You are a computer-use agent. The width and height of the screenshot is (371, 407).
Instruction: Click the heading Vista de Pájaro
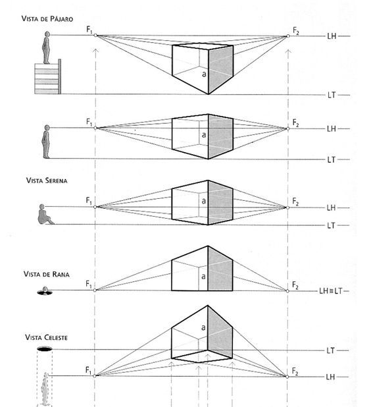point(47,18)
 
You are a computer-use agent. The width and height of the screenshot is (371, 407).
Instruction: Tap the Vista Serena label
point(47,180)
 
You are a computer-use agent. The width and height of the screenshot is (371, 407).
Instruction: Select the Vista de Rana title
point(47,274)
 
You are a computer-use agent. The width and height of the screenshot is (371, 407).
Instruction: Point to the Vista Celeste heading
point(46,337)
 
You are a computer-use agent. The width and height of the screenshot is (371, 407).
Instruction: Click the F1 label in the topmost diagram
point(89,30)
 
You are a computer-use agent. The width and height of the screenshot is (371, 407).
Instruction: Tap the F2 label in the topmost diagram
point(296,31)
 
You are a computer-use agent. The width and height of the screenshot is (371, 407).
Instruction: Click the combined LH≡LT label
point(331,291)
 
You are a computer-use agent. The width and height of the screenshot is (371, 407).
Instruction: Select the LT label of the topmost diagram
point(332,95)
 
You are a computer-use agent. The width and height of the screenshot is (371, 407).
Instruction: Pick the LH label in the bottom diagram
point(331,377)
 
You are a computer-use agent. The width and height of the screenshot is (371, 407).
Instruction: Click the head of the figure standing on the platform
point(47,34)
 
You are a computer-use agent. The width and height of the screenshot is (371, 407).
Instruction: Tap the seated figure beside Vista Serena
point(45,215)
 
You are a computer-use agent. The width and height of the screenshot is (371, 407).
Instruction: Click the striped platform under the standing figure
point(48,77)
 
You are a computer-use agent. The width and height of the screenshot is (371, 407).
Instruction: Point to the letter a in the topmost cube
point(204,74)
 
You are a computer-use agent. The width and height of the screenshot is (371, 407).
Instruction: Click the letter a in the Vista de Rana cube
point(203,277)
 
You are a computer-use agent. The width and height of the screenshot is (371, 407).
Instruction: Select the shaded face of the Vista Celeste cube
point(220,332)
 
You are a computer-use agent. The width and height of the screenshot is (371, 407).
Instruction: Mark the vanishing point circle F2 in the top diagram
point(288,36)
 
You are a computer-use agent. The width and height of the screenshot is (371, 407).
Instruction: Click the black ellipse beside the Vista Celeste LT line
point(45,349)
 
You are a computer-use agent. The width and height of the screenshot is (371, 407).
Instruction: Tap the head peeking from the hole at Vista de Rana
point(45,290)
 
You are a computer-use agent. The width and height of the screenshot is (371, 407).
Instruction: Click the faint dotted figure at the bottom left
point(45,389)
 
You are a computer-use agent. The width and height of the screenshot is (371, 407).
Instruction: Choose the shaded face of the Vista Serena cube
point(220,202)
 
